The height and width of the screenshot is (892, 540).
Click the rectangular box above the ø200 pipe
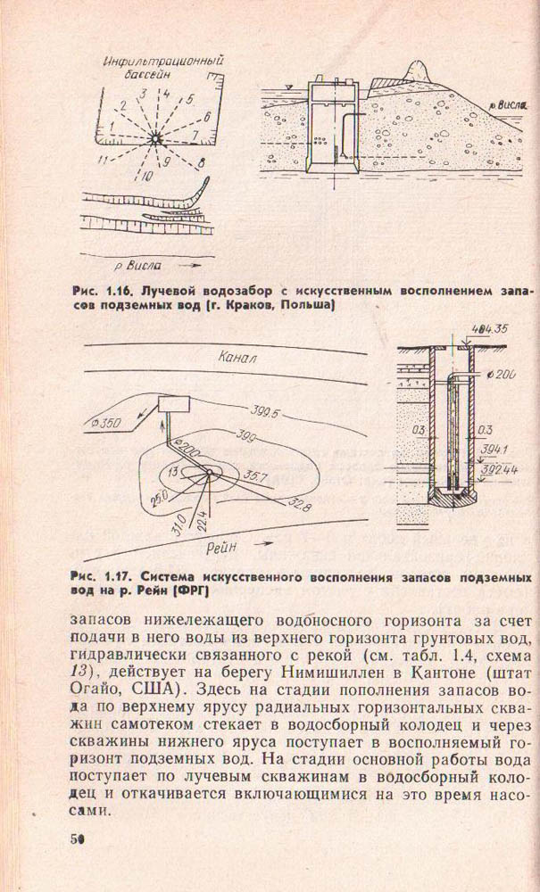[x=174, y=403]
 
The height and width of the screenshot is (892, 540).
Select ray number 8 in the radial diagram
[x=203, y=161]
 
